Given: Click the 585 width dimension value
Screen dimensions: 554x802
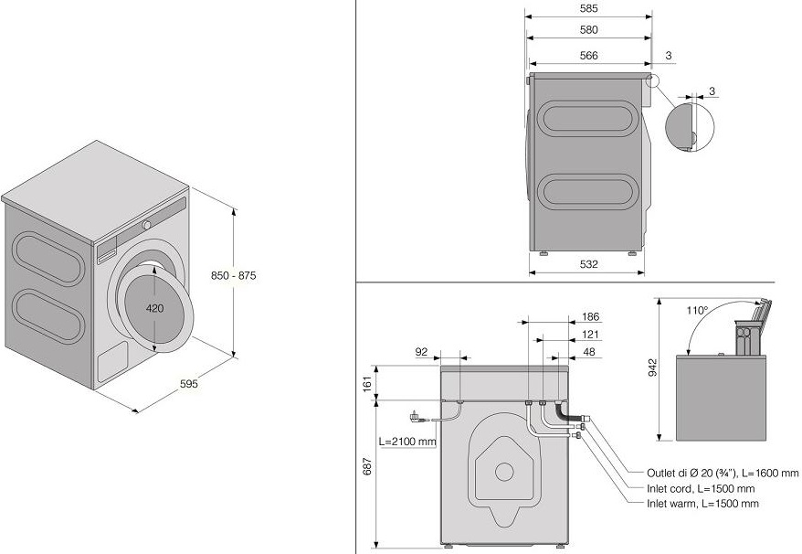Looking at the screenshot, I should click(x=588, y=9).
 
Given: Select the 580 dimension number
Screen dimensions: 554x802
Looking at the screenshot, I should click(x=588, y=30).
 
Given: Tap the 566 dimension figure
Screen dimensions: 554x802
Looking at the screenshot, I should click(x=588, y=55).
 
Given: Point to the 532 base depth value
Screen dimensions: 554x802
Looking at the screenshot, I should click(x=588, y=264).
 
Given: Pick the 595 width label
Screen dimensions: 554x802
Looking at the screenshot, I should click(x=188, y=384).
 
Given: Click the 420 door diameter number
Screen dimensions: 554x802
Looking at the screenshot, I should click(x=155, y=308).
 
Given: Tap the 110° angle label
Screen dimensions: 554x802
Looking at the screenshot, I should click(x=697, y=311).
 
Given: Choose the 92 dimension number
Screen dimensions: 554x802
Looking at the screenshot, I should click(x=421, y=350).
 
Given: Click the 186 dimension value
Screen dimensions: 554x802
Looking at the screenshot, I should click(x=590, y=317).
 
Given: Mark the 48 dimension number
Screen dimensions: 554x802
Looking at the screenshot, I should click(x=590, y=351).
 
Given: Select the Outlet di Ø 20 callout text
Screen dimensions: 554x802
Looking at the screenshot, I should click(x=723, y=473).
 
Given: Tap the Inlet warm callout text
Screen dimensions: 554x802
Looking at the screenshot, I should click(x=702, y=504).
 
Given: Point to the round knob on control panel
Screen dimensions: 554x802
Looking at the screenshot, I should click(x=146, y=225).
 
